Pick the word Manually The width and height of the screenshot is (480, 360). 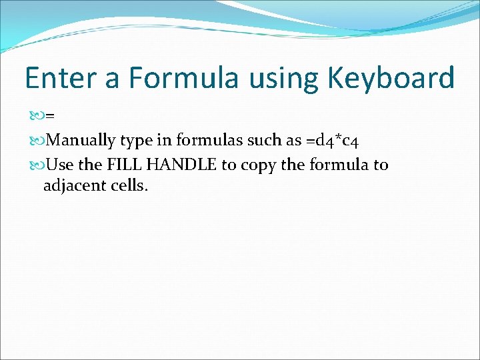click(83, 141)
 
